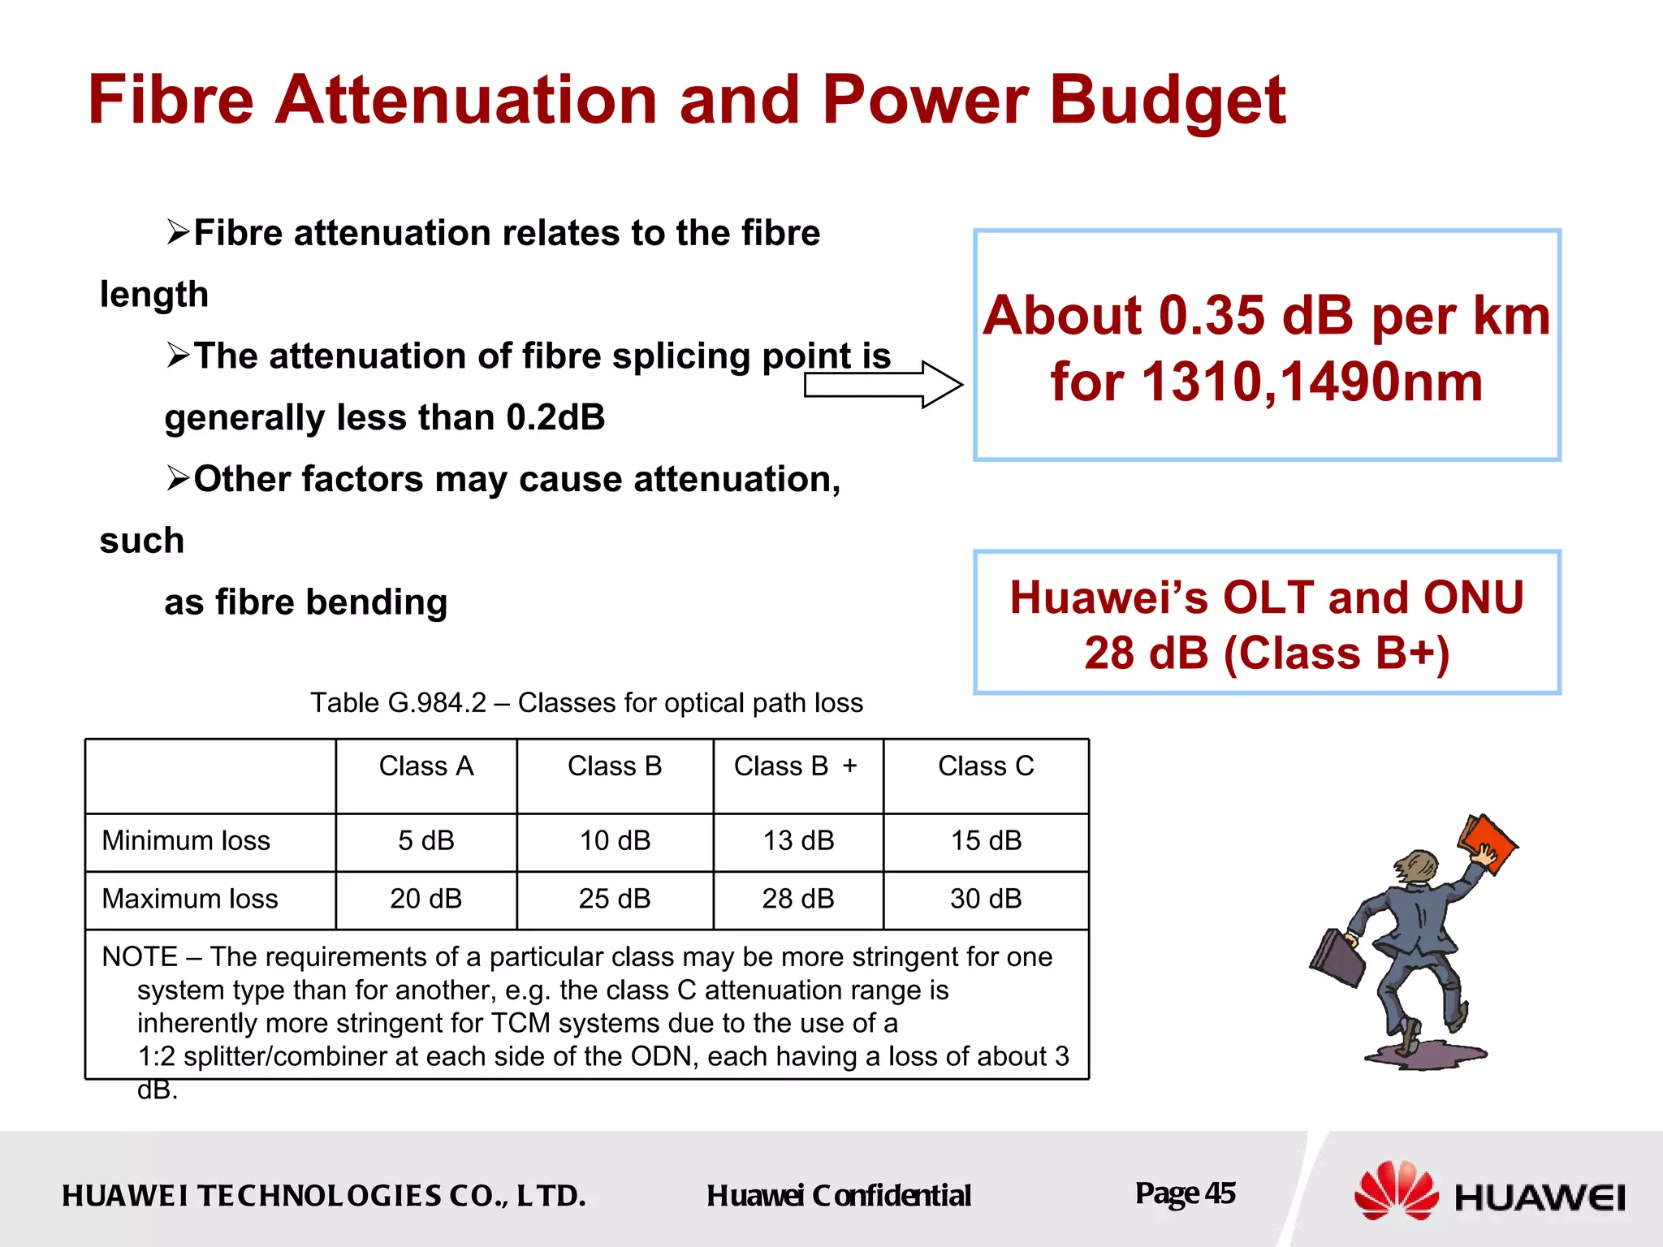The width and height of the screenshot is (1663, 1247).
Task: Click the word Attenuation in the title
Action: tap(465, 101)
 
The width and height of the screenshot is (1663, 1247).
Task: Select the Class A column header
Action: tap(426, 766)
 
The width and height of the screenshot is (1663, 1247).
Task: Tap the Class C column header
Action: tap(986, 766)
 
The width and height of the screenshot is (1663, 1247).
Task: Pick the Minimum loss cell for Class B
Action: tap(615, 841)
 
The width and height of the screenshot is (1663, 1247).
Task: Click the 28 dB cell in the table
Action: tap(797, 899)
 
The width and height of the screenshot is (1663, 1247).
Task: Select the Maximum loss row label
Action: tap(190, 899)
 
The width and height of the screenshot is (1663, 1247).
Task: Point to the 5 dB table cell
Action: tap(426, 841)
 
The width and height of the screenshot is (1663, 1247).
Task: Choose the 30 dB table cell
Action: tap(986, 899)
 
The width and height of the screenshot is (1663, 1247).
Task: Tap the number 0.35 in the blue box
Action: tap(1212, 316)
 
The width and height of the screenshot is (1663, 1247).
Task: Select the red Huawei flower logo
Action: tap(1396, 1190)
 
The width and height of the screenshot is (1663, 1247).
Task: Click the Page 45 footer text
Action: tap(1185, 1193)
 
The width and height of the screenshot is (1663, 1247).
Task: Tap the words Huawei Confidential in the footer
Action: tap(838, 1196)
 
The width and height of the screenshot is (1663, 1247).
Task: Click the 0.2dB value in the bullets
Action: tap(555, 418)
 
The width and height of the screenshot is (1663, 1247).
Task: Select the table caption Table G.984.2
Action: tap(398, 703)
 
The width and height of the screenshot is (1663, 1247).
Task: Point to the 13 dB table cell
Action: tap(797, 841)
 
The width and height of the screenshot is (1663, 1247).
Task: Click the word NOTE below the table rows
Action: tap(139, 957)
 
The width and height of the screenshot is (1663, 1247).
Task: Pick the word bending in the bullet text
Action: tap(376, 602)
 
